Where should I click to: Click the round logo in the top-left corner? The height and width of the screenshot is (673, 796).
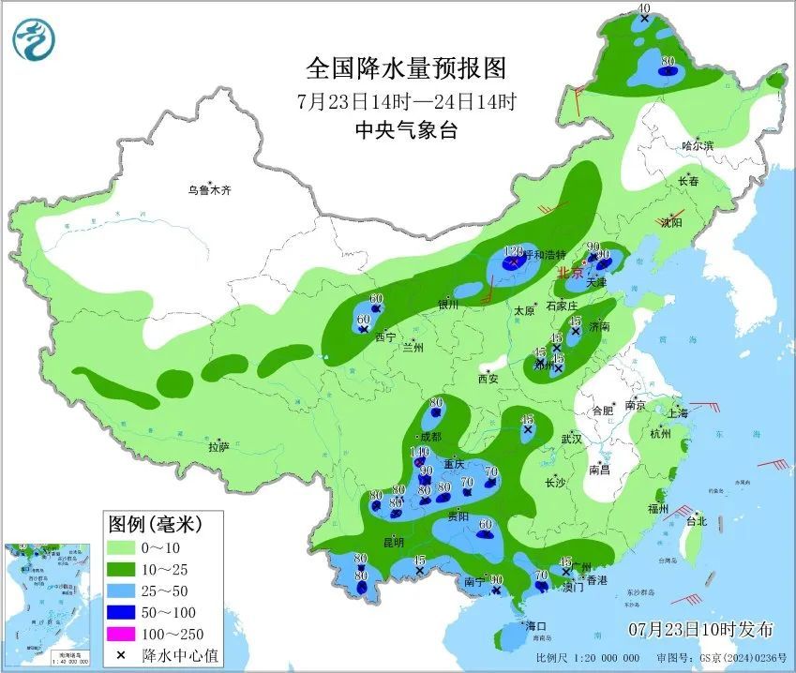[34, 39]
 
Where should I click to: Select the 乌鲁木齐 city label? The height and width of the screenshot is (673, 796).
[208, 190]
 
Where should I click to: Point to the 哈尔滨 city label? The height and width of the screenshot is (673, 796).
[698, 146]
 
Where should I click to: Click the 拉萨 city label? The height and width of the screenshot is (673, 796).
[218, 447]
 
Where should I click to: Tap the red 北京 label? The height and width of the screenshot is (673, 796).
[569, 273]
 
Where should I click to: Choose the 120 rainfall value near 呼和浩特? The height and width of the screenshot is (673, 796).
[512, 251]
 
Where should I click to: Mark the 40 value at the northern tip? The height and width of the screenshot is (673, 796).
[643, 8]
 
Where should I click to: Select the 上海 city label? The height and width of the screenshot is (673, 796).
[679, 412]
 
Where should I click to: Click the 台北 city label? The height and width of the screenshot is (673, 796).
[696, 521]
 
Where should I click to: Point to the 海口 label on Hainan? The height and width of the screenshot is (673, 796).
[534, 625]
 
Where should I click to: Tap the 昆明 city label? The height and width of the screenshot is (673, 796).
[393, 542]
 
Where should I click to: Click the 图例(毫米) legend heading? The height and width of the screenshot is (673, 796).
[153, 522]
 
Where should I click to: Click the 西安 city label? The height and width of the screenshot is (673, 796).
[488, 379]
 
